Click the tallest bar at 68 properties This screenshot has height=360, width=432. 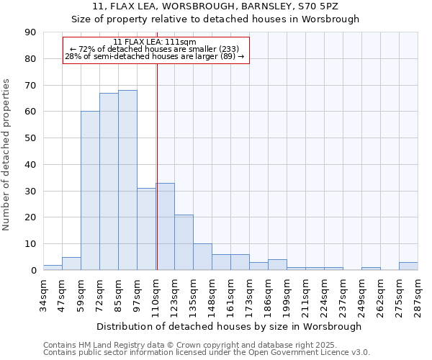coord(127,180)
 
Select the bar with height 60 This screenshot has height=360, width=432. coord(90,191)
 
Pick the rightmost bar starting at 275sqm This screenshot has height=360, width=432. coord(408,266)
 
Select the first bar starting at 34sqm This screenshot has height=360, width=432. coord(53,268)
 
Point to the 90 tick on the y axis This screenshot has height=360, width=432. coord(31,32)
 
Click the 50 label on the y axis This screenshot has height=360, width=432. coord(31,138)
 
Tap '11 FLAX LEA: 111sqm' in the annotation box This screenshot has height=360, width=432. coord(155,42)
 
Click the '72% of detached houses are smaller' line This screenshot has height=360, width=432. coord(155,49)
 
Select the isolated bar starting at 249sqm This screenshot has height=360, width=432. coord(371,269)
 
